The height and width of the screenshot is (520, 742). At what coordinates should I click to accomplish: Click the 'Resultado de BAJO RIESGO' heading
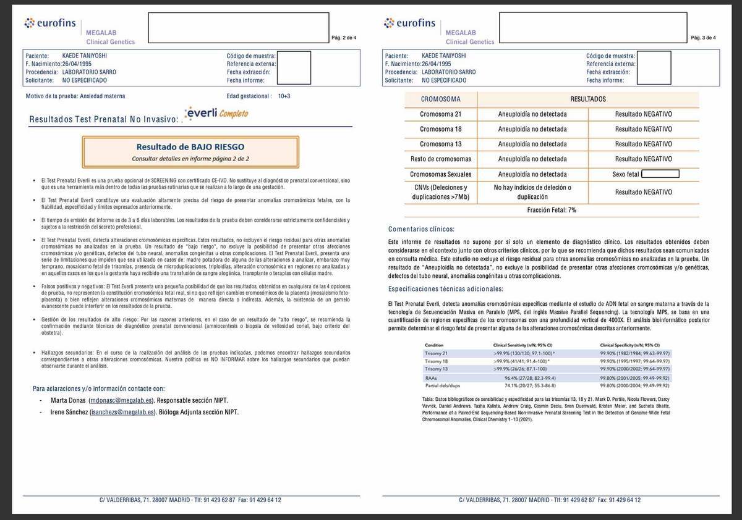click(x=190, y=147)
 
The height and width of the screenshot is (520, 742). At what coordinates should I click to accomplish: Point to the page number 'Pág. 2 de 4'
click(x=344, y=38)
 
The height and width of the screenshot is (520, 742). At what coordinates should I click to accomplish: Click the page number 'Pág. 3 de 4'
click(x=703, y=38)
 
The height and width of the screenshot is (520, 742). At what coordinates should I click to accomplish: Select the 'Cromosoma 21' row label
click(x=440, y=114)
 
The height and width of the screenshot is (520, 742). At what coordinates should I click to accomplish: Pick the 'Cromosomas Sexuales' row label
click(x=440, y=174)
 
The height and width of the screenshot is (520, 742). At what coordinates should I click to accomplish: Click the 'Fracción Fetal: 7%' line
click(x=552, y=210)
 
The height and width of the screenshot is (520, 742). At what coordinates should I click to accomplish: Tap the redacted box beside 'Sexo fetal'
click(x=660, y=174)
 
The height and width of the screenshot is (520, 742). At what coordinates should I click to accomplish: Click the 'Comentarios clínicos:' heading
click(x=421, y=229)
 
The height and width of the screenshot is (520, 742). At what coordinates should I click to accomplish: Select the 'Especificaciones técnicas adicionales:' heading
click(x=445, y=289)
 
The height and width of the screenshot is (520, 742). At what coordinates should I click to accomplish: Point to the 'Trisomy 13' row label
click(x=437, y=369)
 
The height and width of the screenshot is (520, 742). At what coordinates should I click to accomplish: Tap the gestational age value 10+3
click(x=284, y=96)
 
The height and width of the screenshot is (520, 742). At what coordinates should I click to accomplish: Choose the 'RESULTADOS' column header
click(x=587, y=99)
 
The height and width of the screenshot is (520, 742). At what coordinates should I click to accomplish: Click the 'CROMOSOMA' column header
click(x=440, y=99)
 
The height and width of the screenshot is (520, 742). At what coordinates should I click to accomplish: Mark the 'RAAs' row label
click(x=431, y=377)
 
